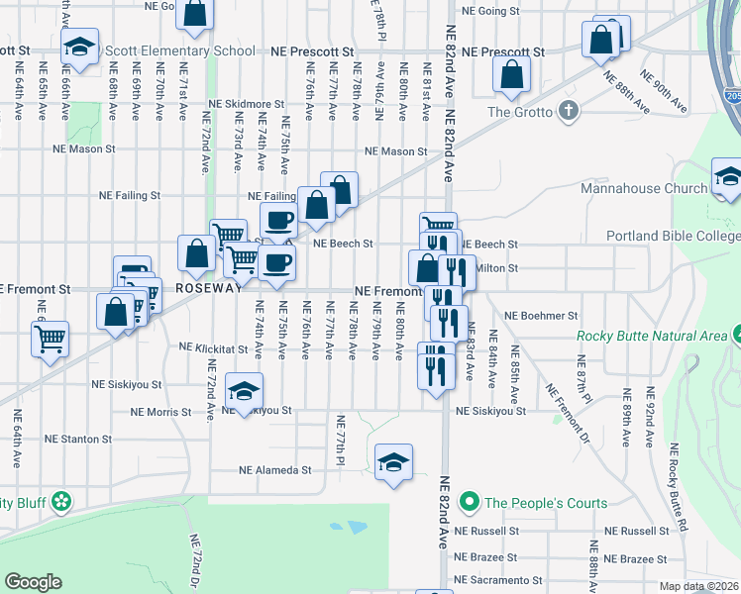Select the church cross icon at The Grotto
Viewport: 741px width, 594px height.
[569, 110]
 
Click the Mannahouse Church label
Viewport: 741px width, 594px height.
[643, 188]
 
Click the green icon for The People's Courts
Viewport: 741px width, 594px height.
[471, 503]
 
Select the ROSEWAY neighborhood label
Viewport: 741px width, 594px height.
[209, 288]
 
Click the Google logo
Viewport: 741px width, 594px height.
[33, 582]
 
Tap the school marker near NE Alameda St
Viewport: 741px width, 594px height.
[393, 462]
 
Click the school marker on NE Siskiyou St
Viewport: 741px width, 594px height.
[244, 391]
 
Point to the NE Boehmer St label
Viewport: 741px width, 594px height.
[540, 316]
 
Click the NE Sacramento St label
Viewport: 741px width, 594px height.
[497, 580]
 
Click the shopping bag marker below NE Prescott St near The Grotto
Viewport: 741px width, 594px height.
[511, 73]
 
